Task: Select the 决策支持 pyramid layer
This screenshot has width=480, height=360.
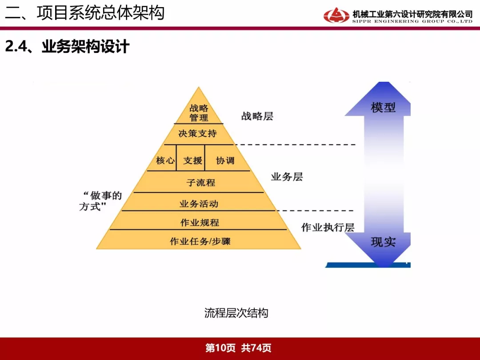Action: pos(198,134)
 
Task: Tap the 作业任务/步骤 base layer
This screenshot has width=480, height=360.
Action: pos(199,240)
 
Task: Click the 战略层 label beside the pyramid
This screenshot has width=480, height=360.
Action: pos(257,116)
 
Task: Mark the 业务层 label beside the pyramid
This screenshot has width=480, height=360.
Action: pos(287,176)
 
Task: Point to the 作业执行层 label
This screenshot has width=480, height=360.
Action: pos(328,227)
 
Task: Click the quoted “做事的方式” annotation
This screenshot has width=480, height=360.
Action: pos(101,201)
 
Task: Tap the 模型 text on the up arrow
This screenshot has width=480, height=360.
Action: pos(383,107)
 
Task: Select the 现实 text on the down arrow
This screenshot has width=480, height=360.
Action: pos(383,242)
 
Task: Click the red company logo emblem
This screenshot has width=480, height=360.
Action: pos(336,15)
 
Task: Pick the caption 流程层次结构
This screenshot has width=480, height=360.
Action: pos(236,313)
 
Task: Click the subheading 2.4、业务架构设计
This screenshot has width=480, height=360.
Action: pos(68,47)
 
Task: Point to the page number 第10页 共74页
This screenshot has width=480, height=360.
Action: pos(238,348)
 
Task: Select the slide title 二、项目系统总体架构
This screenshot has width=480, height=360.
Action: pos(85,13)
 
